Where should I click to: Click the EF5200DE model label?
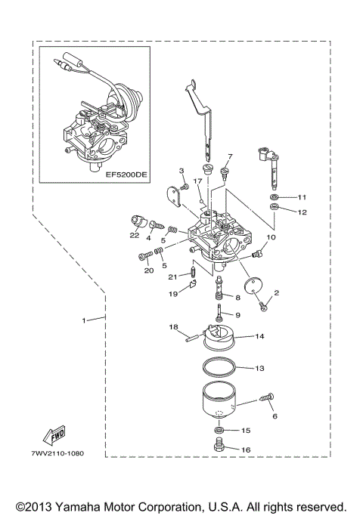point(126,174)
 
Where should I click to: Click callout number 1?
point(85,320)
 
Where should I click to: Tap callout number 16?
point(246,449)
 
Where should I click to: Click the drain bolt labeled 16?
point(219,449)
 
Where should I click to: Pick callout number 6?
point(275,415)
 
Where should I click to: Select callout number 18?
point(172,327)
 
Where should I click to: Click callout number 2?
point(276,292)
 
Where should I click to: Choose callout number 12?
point(302,212)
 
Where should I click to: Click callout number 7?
point(231,156)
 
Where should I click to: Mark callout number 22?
point(134,235)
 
